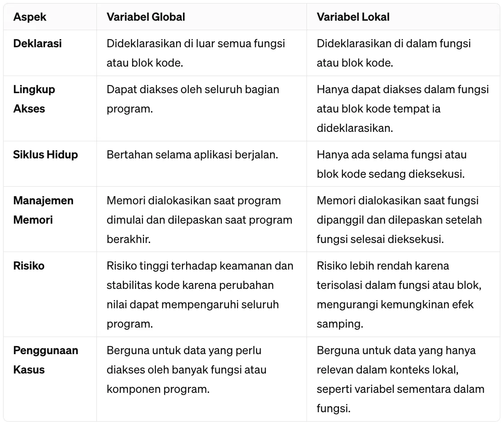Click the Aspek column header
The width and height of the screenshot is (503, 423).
tap(30, 17)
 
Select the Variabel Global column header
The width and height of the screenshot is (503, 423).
tap(146, 17)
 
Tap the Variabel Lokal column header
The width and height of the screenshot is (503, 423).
tap(353, 17)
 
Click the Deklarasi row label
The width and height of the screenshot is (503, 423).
tap(37, 44)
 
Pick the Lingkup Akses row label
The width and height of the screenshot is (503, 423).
tap(34, 99)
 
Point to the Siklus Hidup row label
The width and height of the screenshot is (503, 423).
tap(46, 155)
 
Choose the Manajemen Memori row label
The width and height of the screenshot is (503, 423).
tap(43, 210)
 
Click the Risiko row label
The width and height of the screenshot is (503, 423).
tap(29, 266)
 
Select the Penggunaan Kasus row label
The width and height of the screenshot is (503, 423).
tap(46, 360)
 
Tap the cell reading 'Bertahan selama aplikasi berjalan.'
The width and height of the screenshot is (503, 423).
tap(192, 155)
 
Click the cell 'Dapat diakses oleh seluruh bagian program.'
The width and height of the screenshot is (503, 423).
tap(193, 99)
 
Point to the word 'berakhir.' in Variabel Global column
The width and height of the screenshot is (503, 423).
tap(128, 239)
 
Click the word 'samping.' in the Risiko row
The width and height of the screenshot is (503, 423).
tap(340, 324)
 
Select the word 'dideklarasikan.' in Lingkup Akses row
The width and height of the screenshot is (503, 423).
tap(355, 128)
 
